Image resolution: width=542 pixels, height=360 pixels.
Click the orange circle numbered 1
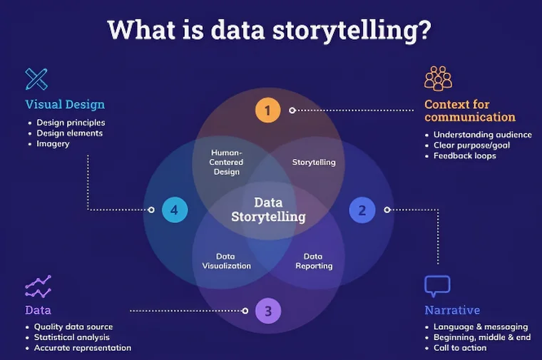tap(267, 110)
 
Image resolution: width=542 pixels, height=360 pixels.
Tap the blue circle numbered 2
tap(362, 210)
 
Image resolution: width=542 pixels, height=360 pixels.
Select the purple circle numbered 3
tap(267, 311)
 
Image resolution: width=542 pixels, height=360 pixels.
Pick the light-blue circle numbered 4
tap(174, 210)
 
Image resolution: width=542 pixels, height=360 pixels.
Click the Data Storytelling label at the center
tap(268, 210)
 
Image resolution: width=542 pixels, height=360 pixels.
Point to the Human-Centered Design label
tap(227, 162)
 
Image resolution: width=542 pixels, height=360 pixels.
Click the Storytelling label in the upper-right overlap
tap(314, 163)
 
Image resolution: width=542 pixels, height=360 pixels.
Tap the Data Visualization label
tap(227, 261)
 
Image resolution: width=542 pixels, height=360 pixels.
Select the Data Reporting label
tap(314, 261)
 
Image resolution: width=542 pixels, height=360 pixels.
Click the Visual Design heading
tap(65, 104)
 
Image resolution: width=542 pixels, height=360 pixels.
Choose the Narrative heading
tap(452, 310)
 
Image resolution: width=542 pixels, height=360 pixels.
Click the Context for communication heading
tap(469, 110)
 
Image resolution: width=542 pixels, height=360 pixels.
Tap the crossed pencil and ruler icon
tap(36, 78)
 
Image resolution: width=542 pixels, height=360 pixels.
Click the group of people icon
tap(438, 78)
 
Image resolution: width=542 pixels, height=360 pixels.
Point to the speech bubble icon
tap(437, 286)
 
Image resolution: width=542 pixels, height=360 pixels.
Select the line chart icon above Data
tap(38, 286)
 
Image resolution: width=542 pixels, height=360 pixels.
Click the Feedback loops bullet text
tap(464, 155)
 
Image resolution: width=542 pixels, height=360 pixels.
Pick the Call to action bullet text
tap(460, 348)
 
